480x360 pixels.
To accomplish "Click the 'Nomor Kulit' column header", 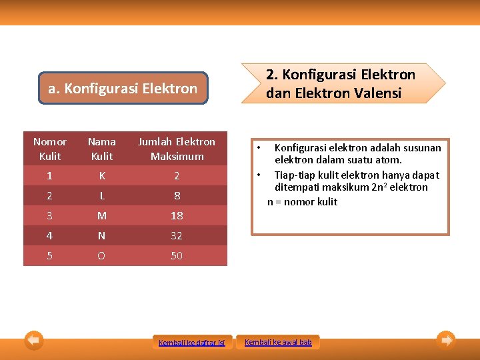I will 50,149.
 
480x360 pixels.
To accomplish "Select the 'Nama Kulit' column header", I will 101,149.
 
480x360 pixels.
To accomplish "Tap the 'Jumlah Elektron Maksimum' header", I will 176,149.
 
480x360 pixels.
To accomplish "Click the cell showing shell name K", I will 101,176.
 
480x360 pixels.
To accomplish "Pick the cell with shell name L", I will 101,196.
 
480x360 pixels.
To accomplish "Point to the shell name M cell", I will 101,216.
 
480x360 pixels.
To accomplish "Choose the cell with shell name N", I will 101,236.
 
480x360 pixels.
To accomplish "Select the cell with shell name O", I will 101,256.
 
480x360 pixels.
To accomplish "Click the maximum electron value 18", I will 176,216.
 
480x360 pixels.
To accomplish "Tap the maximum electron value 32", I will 176,236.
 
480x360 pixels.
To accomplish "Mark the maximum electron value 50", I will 176,256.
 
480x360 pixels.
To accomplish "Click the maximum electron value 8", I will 177,196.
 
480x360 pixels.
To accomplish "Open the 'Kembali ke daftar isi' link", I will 192,343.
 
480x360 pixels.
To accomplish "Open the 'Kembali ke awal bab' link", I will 278,342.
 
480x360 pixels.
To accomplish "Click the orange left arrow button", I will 34,341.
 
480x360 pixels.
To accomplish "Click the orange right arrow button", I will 446,341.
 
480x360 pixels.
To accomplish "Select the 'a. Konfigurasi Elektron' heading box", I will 123,89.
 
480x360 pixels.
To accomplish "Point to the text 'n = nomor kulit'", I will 302,201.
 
